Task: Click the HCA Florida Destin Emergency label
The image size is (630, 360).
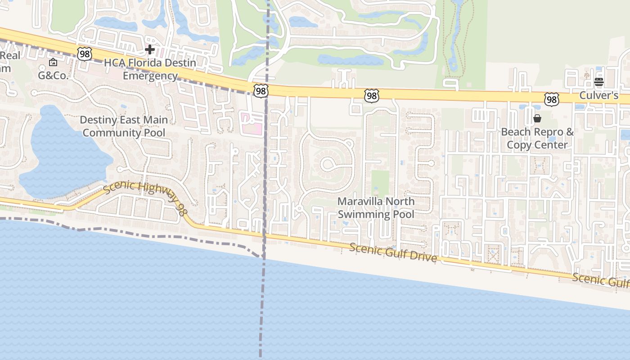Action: pyautogui.click(x=150, y=69)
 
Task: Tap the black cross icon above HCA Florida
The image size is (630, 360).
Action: pyautogui.click(x=150, y=49)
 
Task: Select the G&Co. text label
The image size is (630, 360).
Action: pyautogui.click(x=53, y=75)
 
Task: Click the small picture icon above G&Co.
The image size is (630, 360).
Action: pyautogui.click(x=53, y=62)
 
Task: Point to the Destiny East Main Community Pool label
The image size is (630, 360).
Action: pyautogui.click(x=124, y=126)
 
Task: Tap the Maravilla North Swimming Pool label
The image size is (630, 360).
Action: pyautogui.click(x=376, y=207)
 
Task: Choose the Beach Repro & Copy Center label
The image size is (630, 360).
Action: pyautogui.click(x=537, y=138)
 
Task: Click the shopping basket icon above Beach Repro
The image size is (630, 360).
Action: pyautogui.click(x=537, y=118)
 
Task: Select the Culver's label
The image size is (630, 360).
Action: pyautogui.click(x=598, y=95)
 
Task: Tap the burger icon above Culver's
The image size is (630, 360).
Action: pyautogui.click(x=598, y=82)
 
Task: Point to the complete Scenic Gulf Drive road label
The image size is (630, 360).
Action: pyautogui.click(x=393, y=252)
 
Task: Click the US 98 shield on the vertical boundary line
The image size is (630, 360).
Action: pyautogui.click(x=261, y=91)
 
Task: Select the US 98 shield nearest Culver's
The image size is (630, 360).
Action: pyautogui.click(x=551, y=99)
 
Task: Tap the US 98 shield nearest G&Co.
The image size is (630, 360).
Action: pyautogui.click(x=84, y=54)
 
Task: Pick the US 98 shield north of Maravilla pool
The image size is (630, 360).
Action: pyautogui.click(x=371, y=95)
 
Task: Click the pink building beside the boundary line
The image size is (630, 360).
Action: pyautogui.click(x=252, y=123)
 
